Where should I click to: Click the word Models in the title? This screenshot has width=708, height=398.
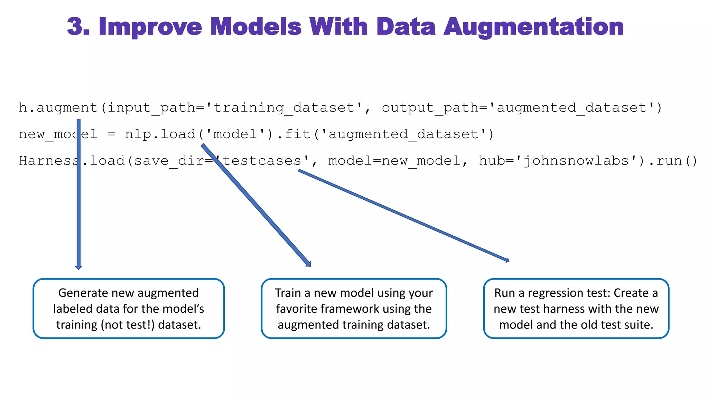pos(256,27)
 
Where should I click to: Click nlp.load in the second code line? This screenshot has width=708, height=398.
pos(160,134)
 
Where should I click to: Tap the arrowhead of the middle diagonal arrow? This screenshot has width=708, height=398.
pos(308,264)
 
